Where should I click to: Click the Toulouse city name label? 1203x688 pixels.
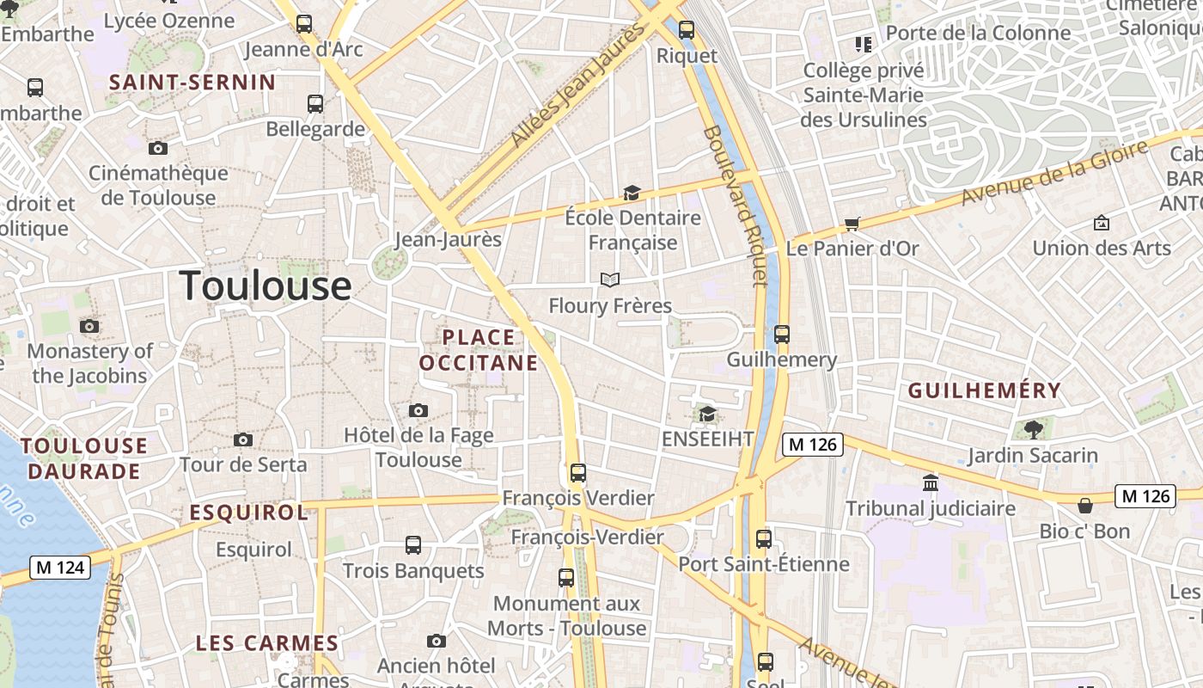point(266,286)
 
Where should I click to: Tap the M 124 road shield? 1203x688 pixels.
point(60,568)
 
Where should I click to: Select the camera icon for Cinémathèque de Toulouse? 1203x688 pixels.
point(158,148)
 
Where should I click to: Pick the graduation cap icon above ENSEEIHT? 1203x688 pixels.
point(707,415)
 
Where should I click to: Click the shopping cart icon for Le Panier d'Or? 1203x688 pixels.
point(852,224)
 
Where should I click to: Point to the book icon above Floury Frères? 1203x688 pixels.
point(610,279)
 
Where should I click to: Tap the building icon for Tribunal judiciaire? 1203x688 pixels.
point(931,483)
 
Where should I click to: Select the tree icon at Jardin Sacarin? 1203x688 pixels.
point(1033,429)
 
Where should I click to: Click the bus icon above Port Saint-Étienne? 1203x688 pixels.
point(764,539)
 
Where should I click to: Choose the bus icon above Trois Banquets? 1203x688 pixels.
point(413,545)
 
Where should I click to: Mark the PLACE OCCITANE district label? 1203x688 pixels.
point(479,350)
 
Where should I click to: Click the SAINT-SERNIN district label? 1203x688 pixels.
point(192,83)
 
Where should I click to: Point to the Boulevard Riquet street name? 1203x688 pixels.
point(736,206)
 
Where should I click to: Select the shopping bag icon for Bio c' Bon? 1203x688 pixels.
point(1085,506)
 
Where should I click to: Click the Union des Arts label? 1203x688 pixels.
point(1102,249)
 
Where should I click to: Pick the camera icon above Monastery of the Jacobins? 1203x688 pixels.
point(89,327)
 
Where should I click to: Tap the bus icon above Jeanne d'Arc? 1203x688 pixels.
point(304,24)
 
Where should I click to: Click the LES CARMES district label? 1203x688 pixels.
point(267,643)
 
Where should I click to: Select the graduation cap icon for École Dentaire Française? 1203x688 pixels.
point(632,193)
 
